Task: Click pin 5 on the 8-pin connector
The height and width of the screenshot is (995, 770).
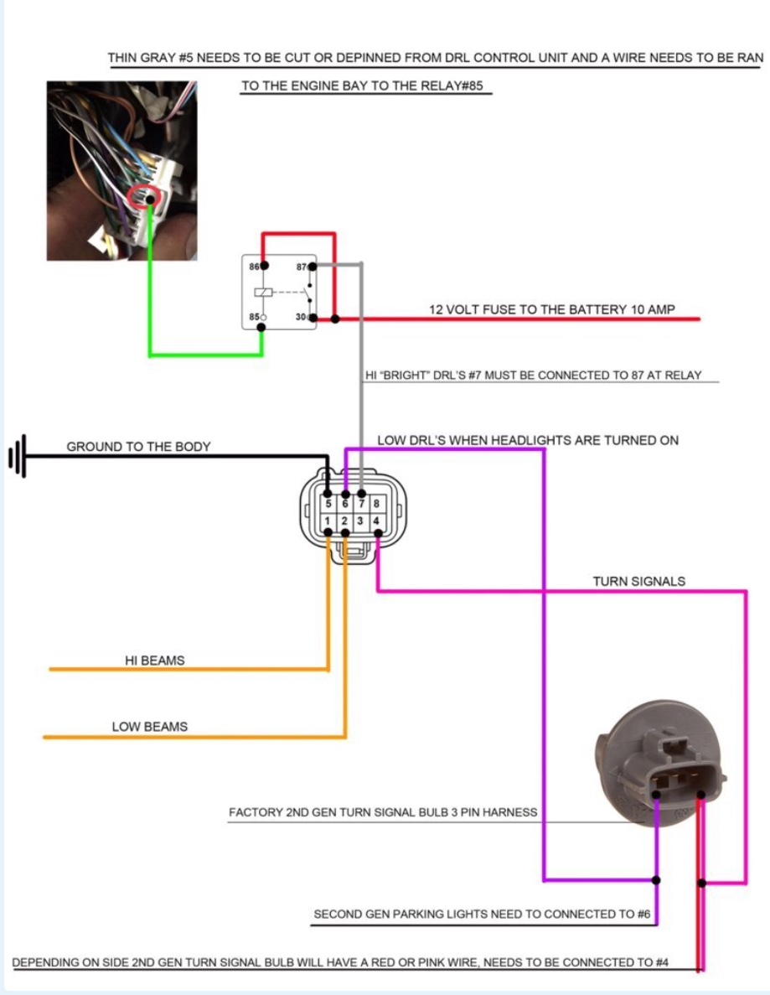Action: click(x=328, y=505)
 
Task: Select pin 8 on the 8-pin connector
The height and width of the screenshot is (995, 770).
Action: click(x=377, y=505)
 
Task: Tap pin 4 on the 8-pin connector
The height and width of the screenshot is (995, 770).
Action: click(x=377, y=521)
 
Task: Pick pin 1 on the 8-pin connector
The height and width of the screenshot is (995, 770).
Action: click(x=328, y=521)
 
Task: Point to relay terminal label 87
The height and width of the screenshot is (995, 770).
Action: click(x=301, y=266)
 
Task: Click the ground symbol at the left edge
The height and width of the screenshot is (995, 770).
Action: click(x=18, y=457)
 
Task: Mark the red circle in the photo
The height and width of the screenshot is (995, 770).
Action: click(x=146, y=196)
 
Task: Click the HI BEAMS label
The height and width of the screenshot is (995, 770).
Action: click(x=154, y=661)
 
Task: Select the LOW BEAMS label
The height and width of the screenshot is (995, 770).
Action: click(x=150, y=727)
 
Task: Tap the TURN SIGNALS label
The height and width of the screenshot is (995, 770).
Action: click(x=638, y=581)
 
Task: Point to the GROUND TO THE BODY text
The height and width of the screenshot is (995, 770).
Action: click(x=138, y=447)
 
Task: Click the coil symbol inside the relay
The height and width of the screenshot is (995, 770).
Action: click(x=261, y=292)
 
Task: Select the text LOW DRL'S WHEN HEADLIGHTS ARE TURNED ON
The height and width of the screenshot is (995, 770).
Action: click(x=528, y=440)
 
